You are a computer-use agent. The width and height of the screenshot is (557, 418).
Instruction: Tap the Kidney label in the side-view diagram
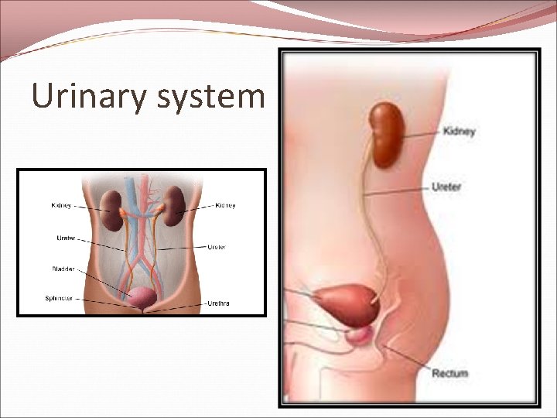(459, 132)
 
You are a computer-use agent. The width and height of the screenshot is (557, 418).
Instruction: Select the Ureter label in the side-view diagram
(446, 187)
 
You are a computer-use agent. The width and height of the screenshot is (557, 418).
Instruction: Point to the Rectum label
(449, 374)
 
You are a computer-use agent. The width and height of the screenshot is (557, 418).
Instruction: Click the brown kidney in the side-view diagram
(385, 135)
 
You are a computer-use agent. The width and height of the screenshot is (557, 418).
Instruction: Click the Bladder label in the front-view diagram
(64, 269)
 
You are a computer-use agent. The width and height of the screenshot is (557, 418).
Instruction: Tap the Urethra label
(218, 304)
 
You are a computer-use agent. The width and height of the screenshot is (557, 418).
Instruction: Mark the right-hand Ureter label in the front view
(217, 247)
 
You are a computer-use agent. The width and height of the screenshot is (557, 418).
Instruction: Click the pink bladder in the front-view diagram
(143, 295)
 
